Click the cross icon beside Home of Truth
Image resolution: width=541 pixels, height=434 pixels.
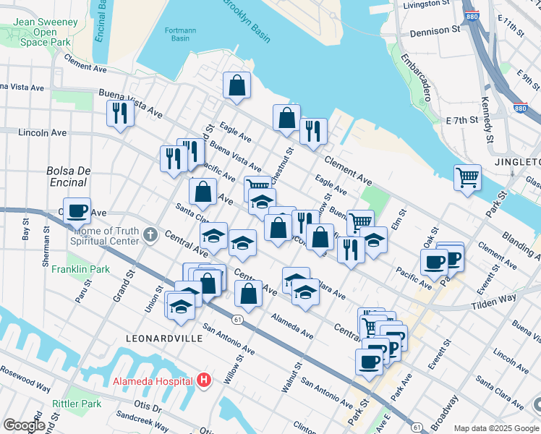click(150, 234)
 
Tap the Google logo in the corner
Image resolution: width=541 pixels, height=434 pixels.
click(24, 425)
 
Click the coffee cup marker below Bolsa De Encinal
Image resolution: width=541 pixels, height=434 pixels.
click(77, 210)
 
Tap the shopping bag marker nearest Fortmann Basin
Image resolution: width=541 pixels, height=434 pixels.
click(237, 85)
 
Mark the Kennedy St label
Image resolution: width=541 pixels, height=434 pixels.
click(488, 116)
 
